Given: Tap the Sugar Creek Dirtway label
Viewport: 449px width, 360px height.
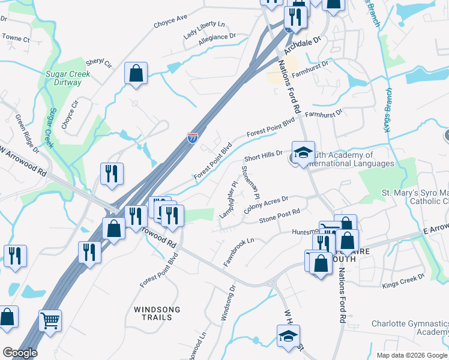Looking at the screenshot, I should [x=68, y=79].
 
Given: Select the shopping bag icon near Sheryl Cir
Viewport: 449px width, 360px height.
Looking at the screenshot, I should [x=136, y=74].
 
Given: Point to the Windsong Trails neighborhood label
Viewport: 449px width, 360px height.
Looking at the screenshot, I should [x=157, y=314].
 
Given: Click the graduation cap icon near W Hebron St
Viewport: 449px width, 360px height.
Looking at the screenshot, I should [x=288, y=336].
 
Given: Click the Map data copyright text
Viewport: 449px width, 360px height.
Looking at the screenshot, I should [x=411, y=355].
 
